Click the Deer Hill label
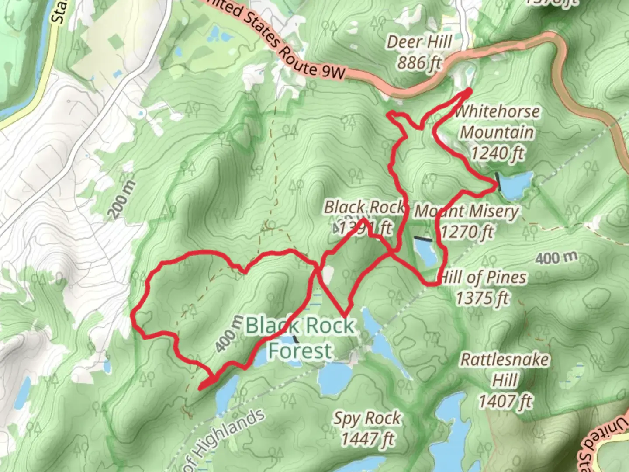pos(419,42)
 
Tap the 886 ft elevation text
pos(419,63)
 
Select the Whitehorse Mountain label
pos(497,121)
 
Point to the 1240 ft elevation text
pos(497,153)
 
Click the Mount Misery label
pos(467,211)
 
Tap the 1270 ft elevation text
pos(467,232)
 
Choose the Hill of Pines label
pos(483,277)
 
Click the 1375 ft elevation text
pos(482,298)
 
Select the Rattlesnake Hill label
pos(505,370)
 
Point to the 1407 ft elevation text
pos(505,401)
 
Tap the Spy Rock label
pos(367,418)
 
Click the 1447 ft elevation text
pos(367,438)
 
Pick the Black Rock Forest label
pos(301,338)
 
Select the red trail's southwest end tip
pos(200,388)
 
